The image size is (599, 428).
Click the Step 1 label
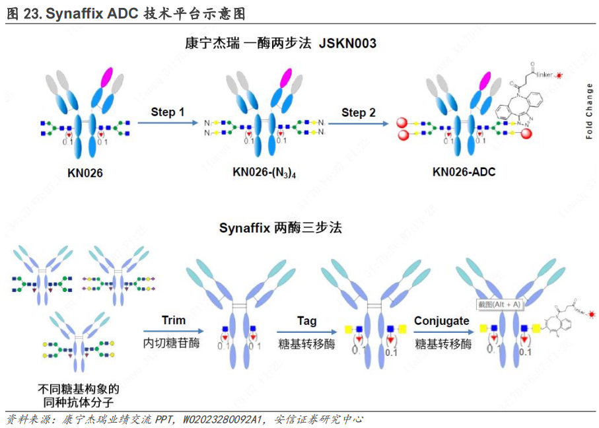click(x=168, y=112)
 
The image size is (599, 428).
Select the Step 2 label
click(x=359, y=113)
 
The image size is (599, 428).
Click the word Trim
click(x=174, y=321)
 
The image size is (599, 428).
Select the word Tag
click(x=306, y=321)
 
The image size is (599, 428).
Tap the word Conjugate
click(x=441, y=321)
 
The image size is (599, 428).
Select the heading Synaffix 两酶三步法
click(x=281, y=229)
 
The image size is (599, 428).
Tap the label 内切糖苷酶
click(x=174, y=343)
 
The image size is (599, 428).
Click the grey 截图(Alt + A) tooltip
click(x=500, y=304)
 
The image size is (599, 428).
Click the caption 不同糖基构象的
click(x=79, y=388)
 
